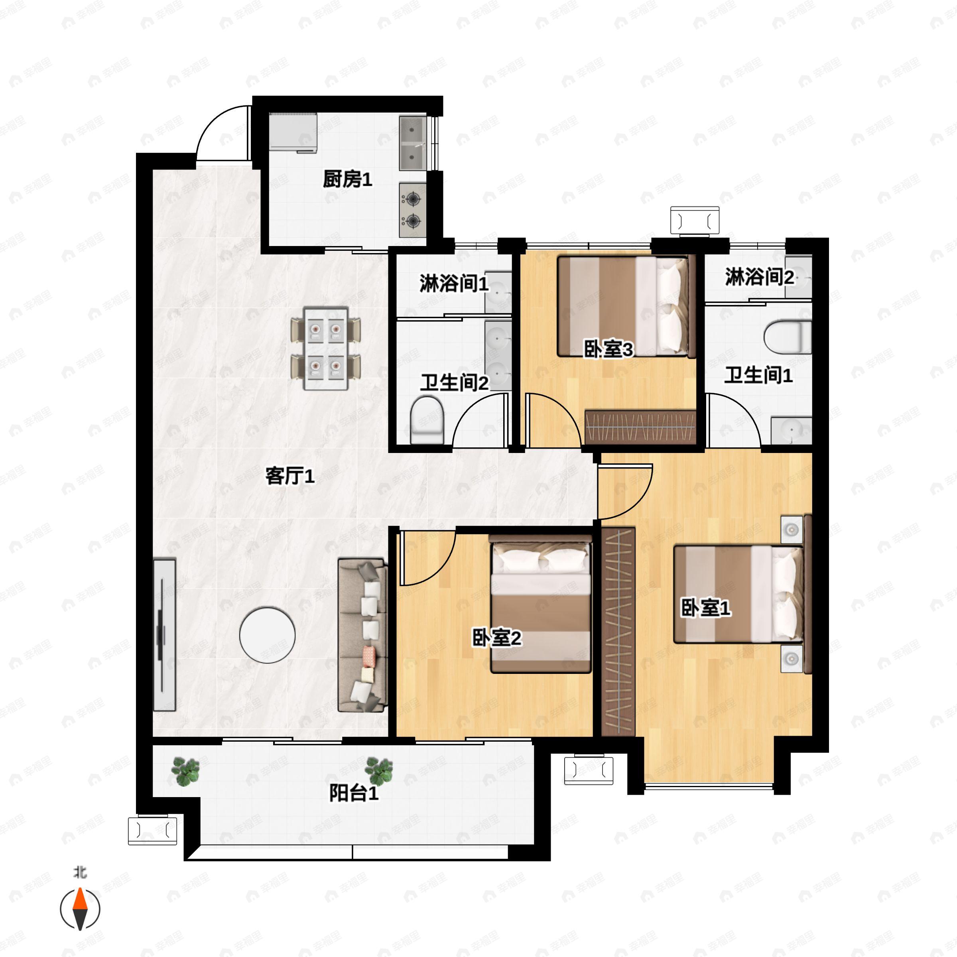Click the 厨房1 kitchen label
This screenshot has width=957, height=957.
coord(347,179)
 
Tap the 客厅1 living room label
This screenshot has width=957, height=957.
coord(290,477)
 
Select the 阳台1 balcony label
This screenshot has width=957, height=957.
coord(354,794)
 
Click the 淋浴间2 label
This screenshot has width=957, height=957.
coord(759,277)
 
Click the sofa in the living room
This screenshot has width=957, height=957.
coord(362,636)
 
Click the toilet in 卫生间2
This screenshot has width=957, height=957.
coord(427,419)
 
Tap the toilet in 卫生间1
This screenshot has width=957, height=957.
coord(788,337)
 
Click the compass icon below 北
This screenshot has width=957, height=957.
coord(80,909)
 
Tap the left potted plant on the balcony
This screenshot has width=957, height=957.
coord(185,771)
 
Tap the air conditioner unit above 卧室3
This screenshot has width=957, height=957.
coord(695,220)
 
